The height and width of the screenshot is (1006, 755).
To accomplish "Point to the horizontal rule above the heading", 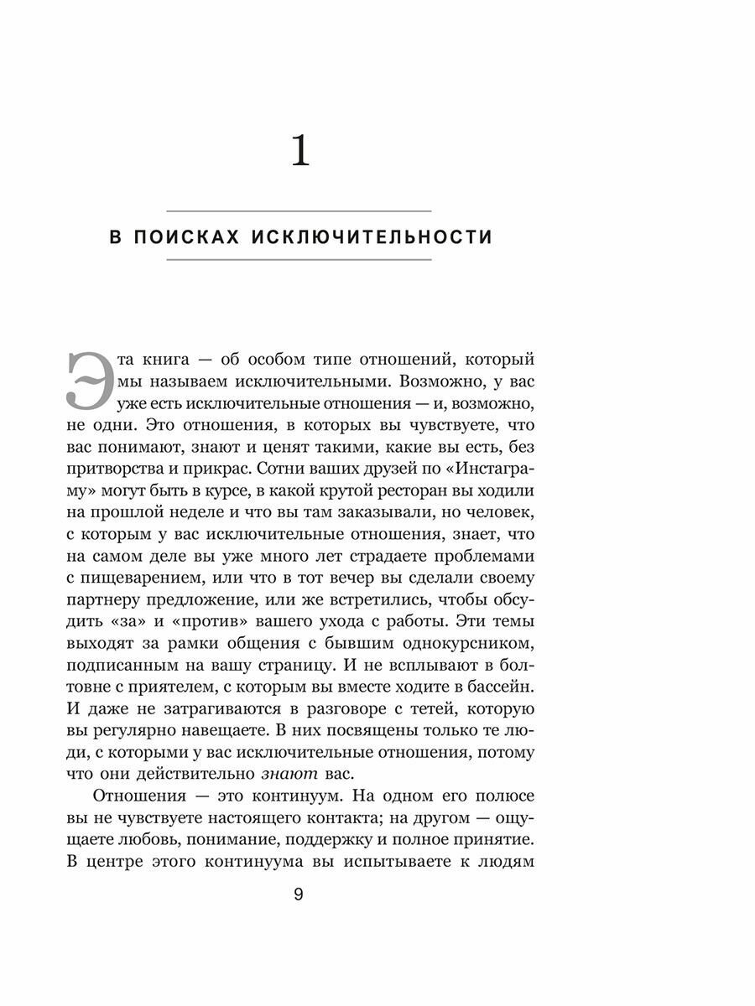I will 299,210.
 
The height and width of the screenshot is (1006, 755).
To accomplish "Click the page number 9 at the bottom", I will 299,894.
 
